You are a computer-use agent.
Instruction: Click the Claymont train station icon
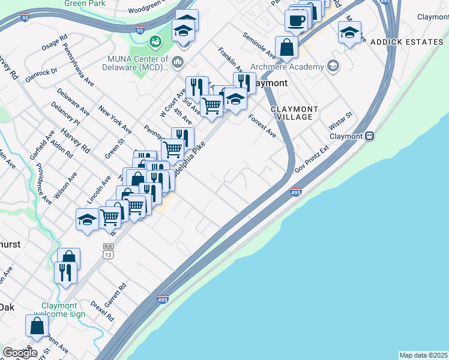pyautogui.click(x=370, y=136)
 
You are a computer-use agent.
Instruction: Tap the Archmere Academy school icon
pyautogui.click(x=332, y=66)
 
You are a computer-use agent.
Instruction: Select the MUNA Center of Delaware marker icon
pyautogui.click(x=178, y=62)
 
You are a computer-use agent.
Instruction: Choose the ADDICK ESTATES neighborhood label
pyautogui.click(x=406, y=42)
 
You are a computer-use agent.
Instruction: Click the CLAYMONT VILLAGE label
pyautogui.click(x=292, y=112)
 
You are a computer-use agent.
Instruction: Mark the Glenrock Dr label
pyautogui.click(x=46, y=71)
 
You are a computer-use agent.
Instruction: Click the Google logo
pyautogui.click(x=20, y=353)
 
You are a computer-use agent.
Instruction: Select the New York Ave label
pyautogui.click(x=115, y=120)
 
